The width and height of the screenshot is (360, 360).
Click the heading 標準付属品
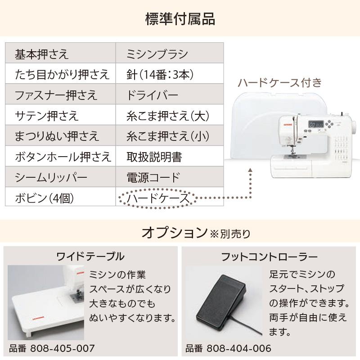180,19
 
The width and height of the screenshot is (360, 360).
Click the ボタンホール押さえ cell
60,157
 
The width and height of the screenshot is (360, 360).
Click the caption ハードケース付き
279,82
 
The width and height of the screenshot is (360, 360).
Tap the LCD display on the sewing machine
314,125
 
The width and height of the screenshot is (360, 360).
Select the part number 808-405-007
62,348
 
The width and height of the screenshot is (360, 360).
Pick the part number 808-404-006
238,348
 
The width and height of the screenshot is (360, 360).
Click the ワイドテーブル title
90,257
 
